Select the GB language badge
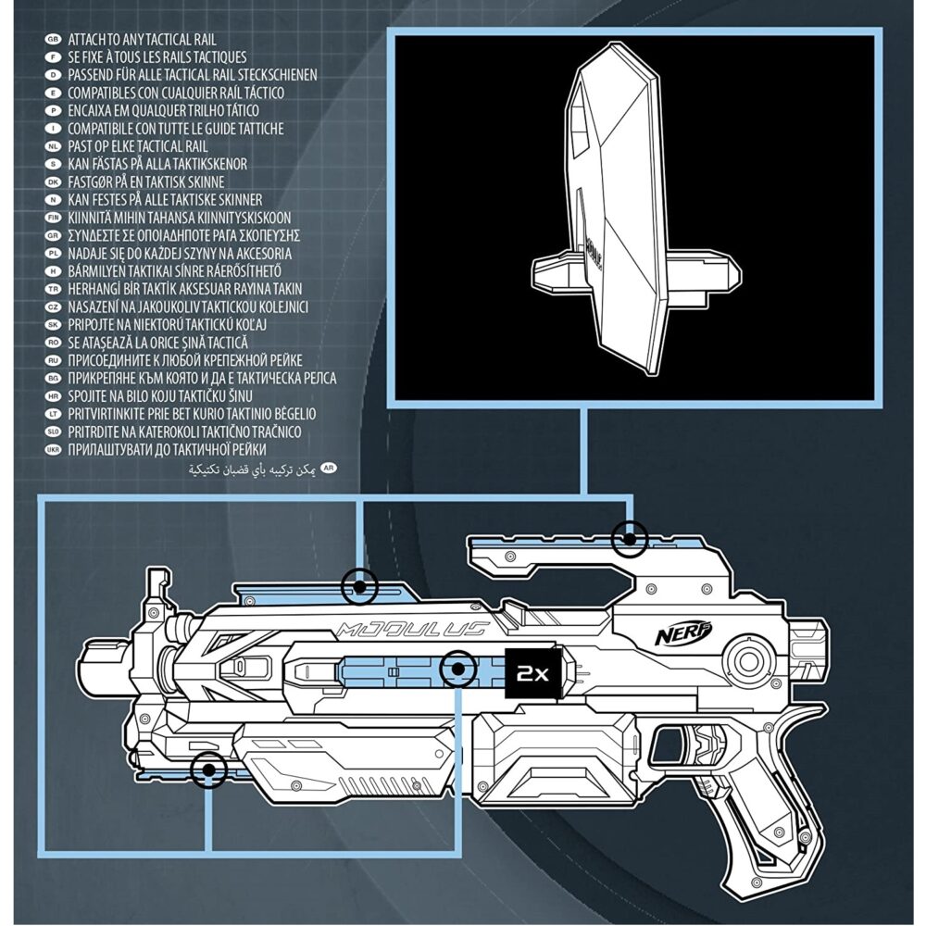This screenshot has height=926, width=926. click(x=52, y=40)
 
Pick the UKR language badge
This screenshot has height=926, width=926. click(x=52, y=450)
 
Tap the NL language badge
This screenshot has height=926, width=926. click(x=52, y=146)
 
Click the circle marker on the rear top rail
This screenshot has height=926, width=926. click(x=631, y=538)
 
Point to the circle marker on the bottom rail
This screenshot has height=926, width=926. click(x=209, y=770)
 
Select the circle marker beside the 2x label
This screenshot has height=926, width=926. click(x=457, y=668)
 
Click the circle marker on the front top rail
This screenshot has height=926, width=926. click(x=359, y=585)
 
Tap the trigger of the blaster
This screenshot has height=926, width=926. click(x=706, y=748)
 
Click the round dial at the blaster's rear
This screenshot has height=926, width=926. click(x=746, y=658)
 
